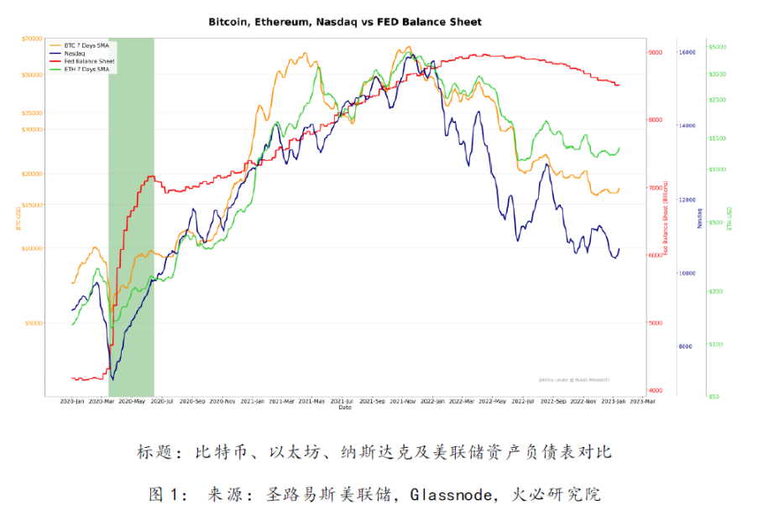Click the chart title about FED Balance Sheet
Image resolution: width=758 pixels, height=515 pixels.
(x=345, y=22)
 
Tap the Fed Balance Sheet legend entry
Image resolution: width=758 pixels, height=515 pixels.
(x=89, y=61)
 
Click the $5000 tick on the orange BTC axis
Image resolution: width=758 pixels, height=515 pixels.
(x=34, y=323)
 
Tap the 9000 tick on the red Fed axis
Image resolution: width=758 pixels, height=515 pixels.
(x=656, y=52)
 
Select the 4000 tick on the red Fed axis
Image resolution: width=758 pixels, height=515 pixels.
(x=656, y=391)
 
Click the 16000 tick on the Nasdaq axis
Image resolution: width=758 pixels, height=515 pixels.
(x=687, y=52)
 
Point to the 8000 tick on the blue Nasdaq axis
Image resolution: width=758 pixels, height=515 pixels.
(x=686, y=346)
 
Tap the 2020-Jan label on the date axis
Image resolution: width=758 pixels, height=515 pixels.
(x=73, y=402)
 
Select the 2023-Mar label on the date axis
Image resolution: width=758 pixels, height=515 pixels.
(x=643, y=402)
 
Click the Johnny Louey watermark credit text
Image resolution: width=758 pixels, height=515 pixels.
(x=574, y=379)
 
